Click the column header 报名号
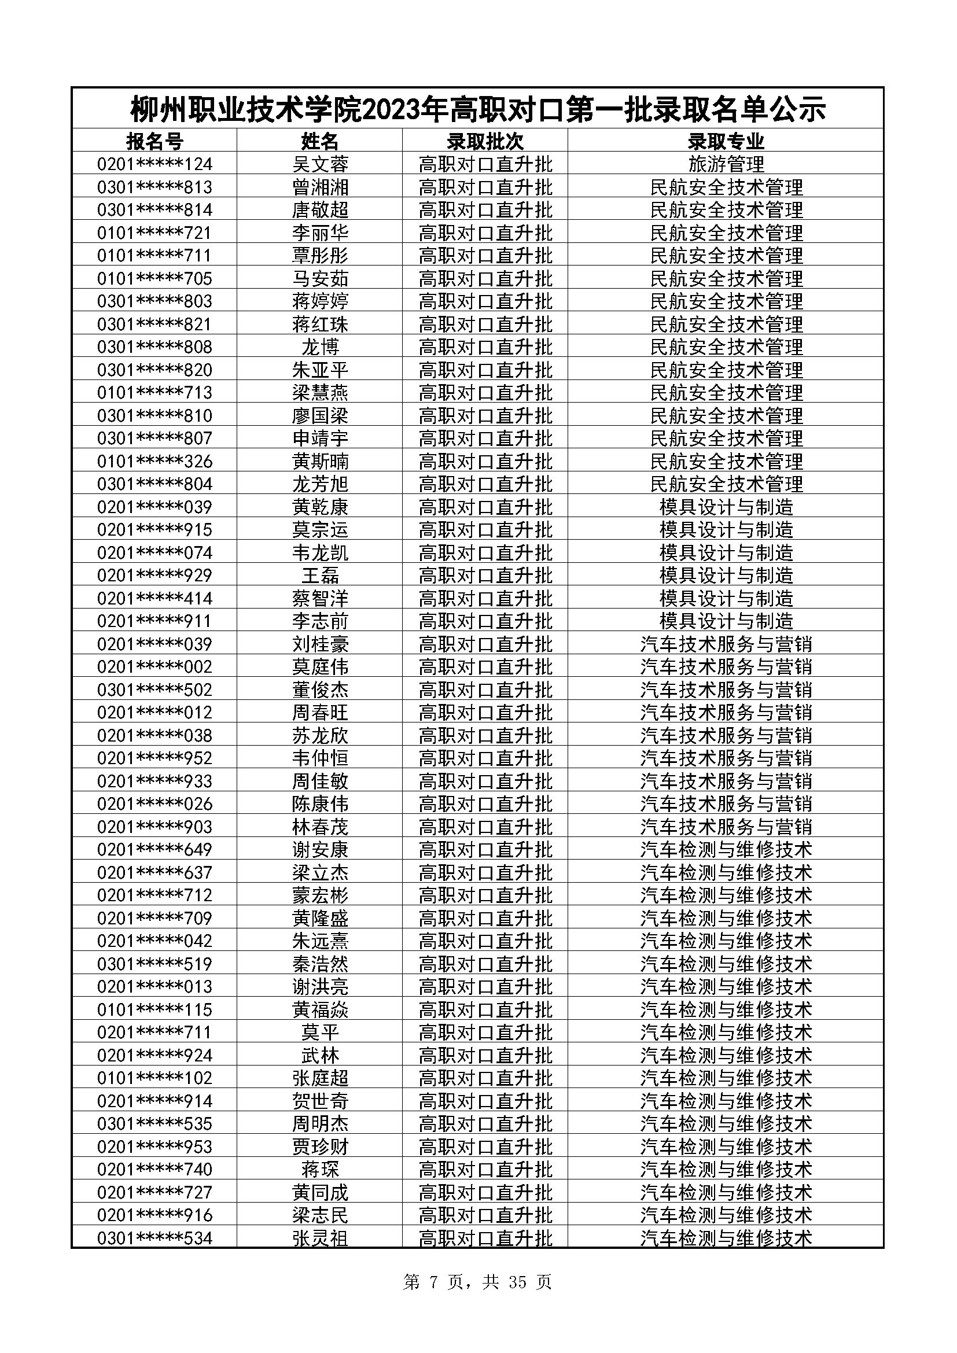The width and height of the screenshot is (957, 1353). (x=154, y=141)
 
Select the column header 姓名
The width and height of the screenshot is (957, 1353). (x=320, y=141)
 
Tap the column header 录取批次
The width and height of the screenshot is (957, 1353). (x=485, y=141)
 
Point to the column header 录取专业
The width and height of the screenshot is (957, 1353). (x=726, y=141)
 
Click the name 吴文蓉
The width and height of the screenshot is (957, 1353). (x=320, y=164)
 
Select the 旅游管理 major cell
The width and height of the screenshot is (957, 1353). (x=726, y=164)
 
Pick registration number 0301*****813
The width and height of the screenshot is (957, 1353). (x=154, y=187)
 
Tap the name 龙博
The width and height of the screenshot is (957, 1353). (x=320, y=346)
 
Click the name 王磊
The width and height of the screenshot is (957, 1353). (x=320, y=575)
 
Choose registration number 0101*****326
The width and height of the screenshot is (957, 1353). (x=154, y=461)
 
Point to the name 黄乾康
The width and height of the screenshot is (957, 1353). (x=320, y=507)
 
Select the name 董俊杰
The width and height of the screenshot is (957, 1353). (x=320, y=690)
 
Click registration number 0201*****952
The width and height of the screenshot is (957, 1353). (x=154, y=758)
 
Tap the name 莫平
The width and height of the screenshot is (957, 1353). (x=320, y=1033)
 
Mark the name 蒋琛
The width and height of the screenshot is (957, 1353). (x=320, y=1169)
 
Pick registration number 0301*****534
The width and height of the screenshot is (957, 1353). (x=154, y=1238)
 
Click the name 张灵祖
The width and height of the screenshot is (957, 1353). (x=320, y=1238)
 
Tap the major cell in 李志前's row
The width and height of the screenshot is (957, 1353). (x=726, y=621)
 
